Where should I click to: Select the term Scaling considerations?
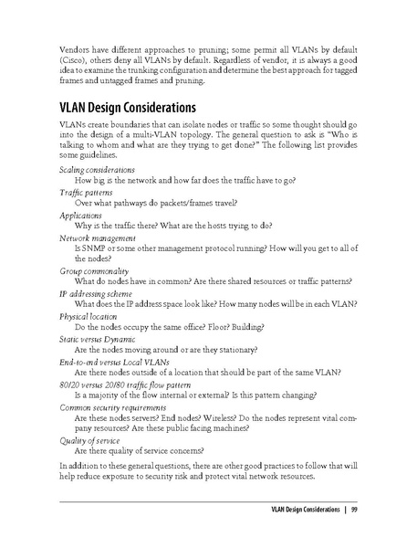tap(98, 171)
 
